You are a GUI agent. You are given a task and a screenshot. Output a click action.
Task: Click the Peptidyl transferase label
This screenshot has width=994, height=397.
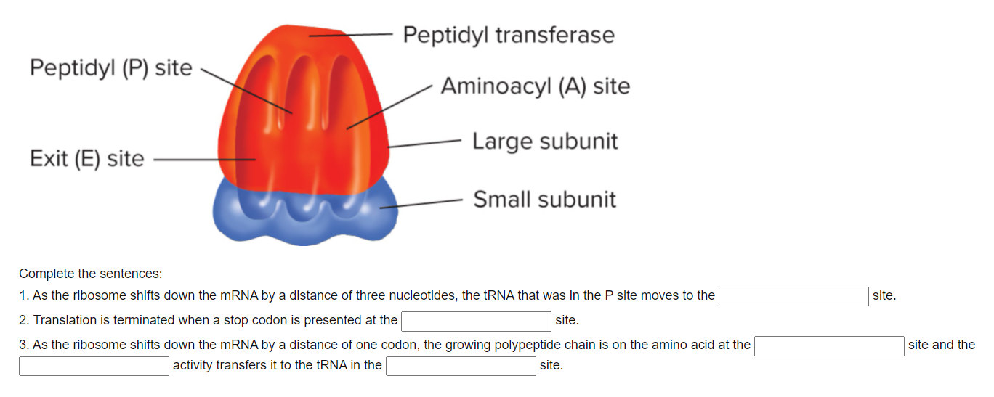coord(508,35)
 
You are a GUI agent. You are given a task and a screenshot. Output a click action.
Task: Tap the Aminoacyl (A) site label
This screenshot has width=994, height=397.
coord(535,86)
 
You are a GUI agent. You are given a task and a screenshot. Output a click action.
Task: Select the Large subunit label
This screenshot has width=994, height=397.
coord(544,141)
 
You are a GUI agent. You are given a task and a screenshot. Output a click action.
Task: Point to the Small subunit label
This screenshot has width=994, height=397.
coord(544,200)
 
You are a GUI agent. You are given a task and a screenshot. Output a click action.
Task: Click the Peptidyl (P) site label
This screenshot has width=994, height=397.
coord(111,68)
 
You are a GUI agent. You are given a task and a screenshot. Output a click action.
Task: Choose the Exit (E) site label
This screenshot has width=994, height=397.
coord(87,158)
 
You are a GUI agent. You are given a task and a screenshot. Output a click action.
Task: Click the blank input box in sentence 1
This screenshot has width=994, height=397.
coord(793,296)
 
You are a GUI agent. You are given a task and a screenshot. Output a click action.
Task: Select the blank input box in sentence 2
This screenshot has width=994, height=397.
coord(477,320)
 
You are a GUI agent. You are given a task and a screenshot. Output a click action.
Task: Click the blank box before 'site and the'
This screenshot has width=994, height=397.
coord(829,345)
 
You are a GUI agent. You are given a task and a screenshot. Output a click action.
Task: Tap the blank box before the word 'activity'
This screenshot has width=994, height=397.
coord(94,366)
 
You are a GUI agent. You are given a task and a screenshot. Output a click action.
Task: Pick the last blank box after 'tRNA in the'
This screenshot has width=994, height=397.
coord(461,366)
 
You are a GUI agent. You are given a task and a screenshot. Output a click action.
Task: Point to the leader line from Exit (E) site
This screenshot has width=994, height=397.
coord(203,159)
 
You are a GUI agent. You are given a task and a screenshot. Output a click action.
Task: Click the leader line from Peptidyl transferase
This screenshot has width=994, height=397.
coord(352,35)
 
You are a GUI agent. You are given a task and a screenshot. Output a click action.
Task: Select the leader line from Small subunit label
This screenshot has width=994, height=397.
coord(421,203)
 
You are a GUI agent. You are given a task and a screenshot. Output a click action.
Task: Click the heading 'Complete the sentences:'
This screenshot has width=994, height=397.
coord(91,274)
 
